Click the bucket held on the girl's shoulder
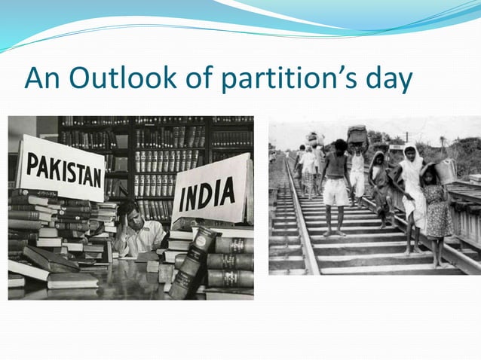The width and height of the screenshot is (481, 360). (446, 170)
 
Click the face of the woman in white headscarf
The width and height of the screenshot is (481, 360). (412, 157)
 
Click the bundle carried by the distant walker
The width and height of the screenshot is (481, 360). (314, 139)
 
